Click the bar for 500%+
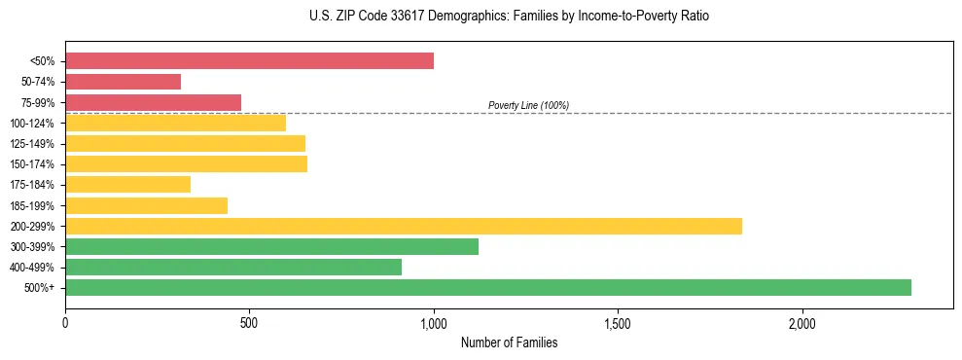(488, 287)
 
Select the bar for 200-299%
(404, 226)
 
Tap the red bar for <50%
(249, 61)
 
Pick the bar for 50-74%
(123, 82)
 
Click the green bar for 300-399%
(271, 246)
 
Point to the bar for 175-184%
(127, 184)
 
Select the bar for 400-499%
(233, 267)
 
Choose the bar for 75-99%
(153, 102)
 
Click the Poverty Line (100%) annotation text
(528, 105)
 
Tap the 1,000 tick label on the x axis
(434, 323)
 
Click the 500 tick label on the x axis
(249, 323)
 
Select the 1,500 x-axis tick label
(618, 323)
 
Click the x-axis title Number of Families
(509, 342)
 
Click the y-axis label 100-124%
(32, 124)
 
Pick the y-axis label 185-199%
(32, 205)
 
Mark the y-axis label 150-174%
(32, 164)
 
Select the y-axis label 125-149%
(32, 144)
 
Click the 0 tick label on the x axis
(65, 323)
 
